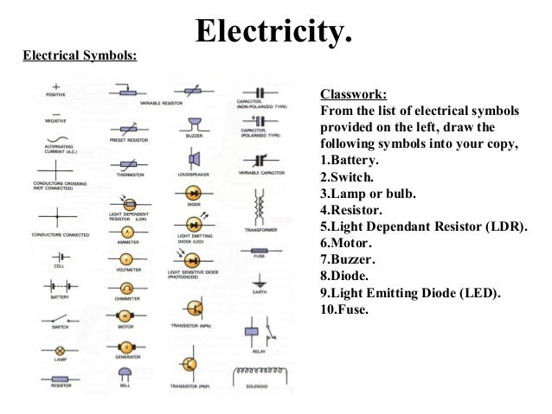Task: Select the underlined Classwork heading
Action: [354, 94]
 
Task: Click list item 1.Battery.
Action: [355, 161]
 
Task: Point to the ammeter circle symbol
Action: [126, 233]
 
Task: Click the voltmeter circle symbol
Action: [126, 259]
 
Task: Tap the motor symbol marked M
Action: [125, 316]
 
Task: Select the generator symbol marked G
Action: [125, 347]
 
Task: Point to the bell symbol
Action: [125, 373]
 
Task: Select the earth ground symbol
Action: [259, 282]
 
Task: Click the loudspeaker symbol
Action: [195, 159]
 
